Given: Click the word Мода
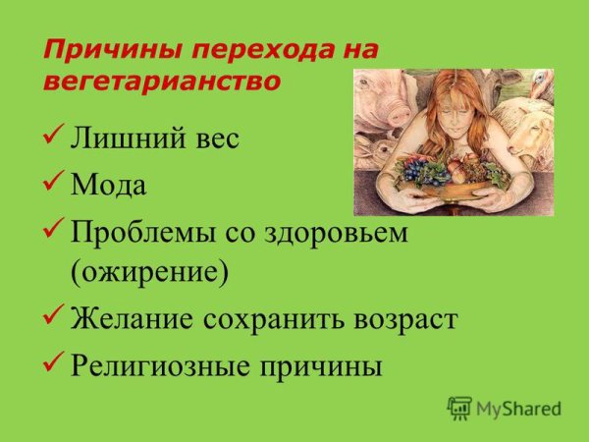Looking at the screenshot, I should [108, 183].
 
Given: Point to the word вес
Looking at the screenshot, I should [214, 138].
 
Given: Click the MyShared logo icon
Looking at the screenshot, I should [458, 408].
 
